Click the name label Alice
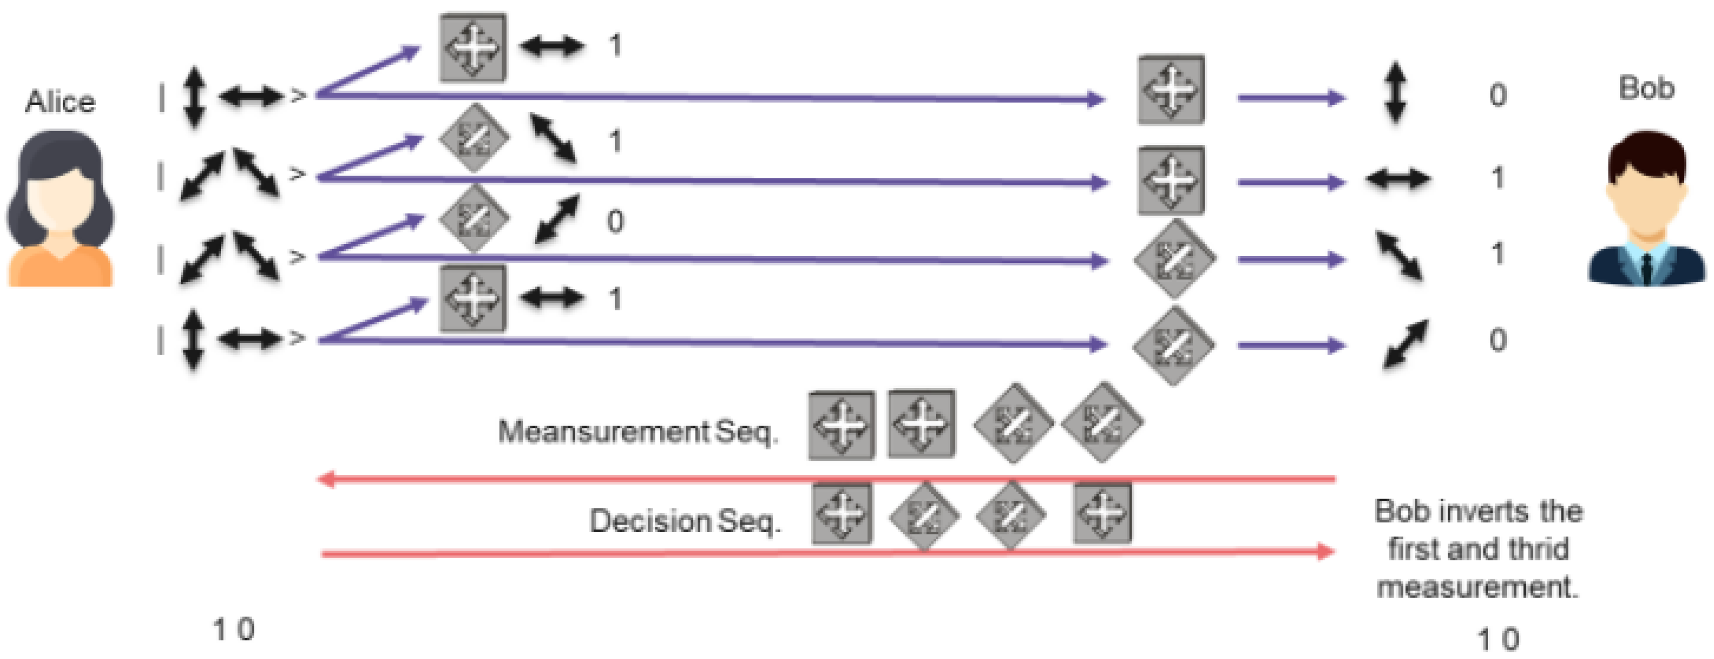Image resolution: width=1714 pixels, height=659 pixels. coord(60,102)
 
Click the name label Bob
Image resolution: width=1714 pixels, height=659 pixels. coord(1646,88)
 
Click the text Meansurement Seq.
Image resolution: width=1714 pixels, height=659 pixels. coord(637,432)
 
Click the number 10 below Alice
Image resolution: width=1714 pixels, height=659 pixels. coord(233,629)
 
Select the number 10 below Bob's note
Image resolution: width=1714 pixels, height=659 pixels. coord(1498,639)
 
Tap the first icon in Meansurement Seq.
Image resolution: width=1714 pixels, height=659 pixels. coord(841,425)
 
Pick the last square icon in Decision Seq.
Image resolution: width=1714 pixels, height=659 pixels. coord(1102,514)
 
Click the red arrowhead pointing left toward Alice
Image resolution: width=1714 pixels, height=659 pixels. coord(326,479)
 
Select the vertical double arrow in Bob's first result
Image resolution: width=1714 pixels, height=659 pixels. coord(1395,93)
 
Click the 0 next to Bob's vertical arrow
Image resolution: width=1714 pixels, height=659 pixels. coord(1498,95)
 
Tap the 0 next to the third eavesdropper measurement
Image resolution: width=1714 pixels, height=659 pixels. coord(615,221)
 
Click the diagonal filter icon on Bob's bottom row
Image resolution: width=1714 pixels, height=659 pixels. coord(1173,346)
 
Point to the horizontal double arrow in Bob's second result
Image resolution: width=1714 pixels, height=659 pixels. coord(1398,178)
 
